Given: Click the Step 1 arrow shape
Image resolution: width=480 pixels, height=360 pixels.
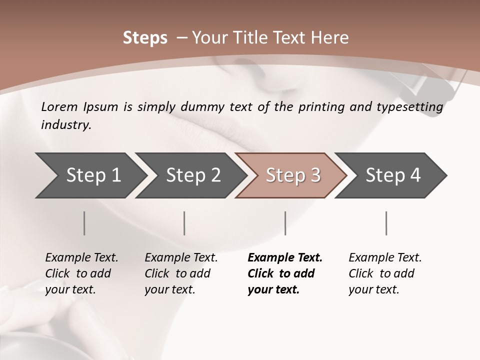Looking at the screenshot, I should point(92,175).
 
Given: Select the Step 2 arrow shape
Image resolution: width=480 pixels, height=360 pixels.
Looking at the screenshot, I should point(192,175).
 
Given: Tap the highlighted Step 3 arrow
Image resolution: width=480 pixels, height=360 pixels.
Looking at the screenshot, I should point(292,175).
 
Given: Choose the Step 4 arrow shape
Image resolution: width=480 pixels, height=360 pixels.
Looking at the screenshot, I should point(392,175).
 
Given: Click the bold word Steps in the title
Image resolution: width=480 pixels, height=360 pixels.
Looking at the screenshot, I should point(145,38).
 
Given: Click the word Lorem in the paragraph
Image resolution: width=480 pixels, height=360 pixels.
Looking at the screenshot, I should point(59,107).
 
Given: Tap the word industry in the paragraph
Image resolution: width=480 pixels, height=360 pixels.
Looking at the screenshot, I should point(66,125).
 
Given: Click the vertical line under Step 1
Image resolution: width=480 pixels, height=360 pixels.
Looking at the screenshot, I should point(84,223).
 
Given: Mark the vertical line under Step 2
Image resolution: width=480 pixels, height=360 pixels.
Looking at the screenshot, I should point(184,223).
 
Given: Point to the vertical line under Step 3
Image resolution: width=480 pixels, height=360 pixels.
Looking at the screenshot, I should point(285,223).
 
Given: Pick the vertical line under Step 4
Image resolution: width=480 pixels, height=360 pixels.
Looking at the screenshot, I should point(386,223).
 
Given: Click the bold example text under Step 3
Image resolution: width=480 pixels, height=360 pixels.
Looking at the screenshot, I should point(284,273).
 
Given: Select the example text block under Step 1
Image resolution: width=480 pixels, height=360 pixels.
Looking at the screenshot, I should point(81,273).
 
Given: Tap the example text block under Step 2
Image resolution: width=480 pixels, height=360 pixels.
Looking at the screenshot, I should point(181,273).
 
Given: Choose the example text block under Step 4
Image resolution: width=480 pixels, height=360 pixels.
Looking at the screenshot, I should point(385,273).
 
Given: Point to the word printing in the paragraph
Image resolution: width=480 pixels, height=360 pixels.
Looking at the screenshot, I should point(320,107).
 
